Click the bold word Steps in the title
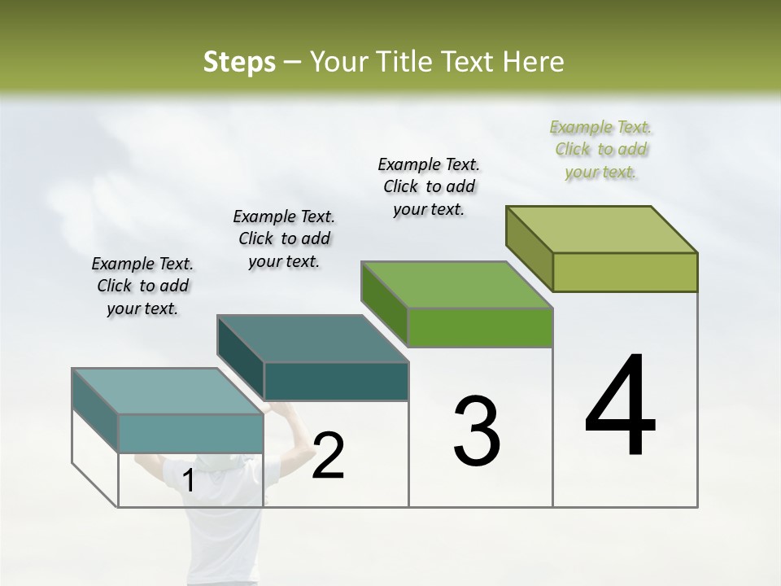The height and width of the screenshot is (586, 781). coord(239,62)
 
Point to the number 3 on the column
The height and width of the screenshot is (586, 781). coord(477,431)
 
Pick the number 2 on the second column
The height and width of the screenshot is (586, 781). coord(329,456)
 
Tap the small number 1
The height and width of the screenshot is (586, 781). coord(189,481)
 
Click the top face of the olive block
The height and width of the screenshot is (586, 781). coord(602,230)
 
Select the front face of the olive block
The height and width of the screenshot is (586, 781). coord(625,272)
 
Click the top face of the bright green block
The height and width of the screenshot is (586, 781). coord(457,285)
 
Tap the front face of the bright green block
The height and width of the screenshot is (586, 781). coord(480,327)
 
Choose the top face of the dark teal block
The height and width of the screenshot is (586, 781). coord(312,339)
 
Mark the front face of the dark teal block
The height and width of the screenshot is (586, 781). coord(336,382)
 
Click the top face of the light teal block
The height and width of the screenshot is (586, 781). coord(168,391)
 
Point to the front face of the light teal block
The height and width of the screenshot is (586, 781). coord(190,433)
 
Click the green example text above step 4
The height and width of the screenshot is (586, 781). coord(600,150)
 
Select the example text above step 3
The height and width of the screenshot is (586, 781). coord(429,186)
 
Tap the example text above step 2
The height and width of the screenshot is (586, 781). coord(284,238)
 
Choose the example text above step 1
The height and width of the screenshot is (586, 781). coord(142,286)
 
